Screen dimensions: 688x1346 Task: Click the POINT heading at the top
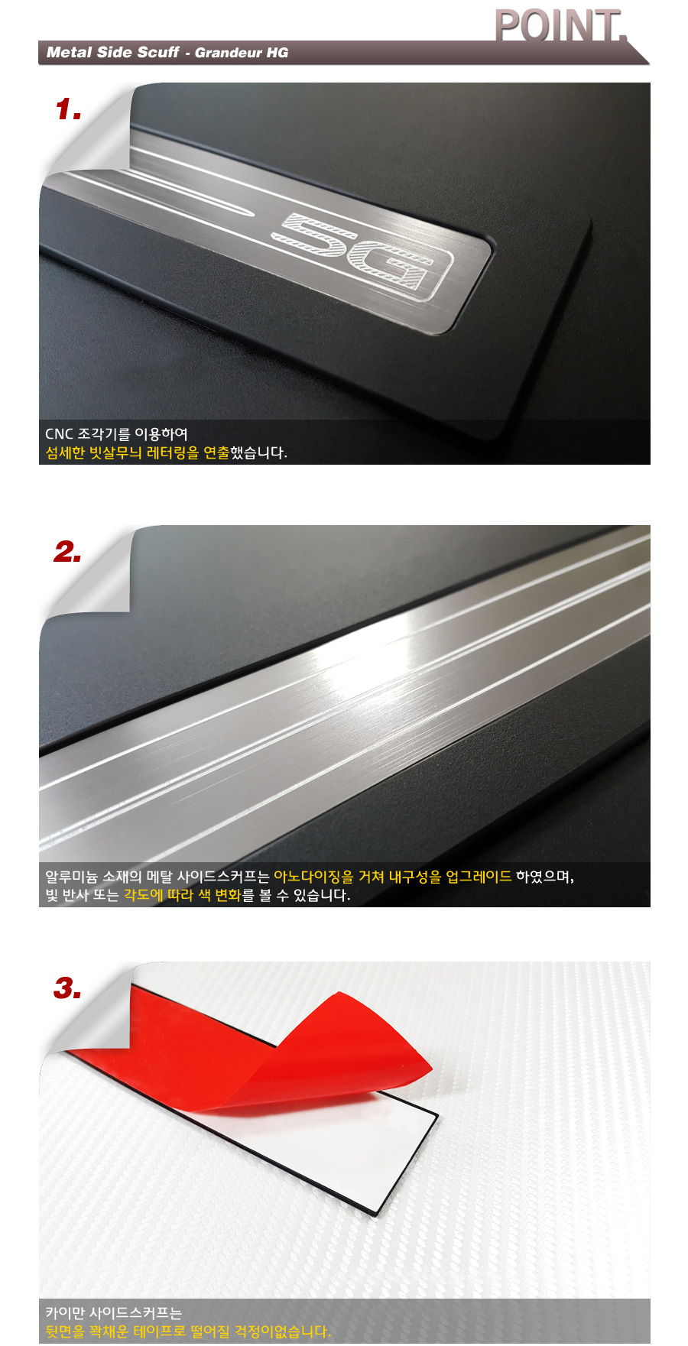pyautogui.click(x=560, y=25)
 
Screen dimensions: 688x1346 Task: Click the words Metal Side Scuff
pyautogui.click(x=112, y=52)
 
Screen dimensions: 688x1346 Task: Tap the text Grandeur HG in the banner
pyautogui.click(x=242, y=53)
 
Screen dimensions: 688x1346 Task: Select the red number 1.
pyautogui.click(x=68, y=109)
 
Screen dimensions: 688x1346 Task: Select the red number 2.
pyautogui.click(x=67, y=551)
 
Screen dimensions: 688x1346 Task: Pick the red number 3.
pyautogui.click(x=67, y=988)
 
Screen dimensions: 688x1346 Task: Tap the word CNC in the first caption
pyautogui.click(x=59, y=434)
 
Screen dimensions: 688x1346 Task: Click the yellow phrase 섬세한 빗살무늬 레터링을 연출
pyautogui.click(x=138, y=452)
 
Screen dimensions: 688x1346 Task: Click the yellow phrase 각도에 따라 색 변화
pyautogui.click(x=183, y=895)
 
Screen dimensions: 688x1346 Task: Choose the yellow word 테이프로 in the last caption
pyautogui.click(x=160, y=1331)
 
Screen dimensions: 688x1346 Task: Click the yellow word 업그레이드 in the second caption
pyautogui.click(x=479, y=877)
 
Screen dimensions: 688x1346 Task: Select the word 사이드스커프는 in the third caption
pyautogui.click(x=135, y=1313)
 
